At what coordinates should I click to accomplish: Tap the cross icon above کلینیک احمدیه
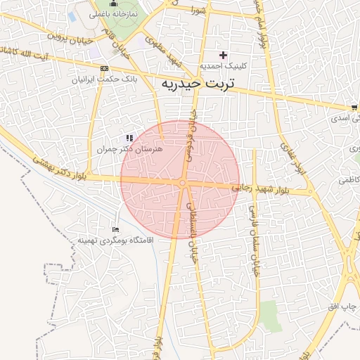pos(224,55)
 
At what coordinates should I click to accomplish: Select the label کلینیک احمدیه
pos(224,66)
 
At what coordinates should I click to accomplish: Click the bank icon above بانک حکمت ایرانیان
pos(105,69)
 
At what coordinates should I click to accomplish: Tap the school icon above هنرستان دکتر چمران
pos(129,139)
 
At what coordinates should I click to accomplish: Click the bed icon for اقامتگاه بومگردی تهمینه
pos(116,229)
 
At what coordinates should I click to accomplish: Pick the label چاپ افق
pos(343,308)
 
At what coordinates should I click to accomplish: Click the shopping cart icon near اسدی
pos(354,108)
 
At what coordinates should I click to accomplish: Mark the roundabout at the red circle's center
pos(182,184)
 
